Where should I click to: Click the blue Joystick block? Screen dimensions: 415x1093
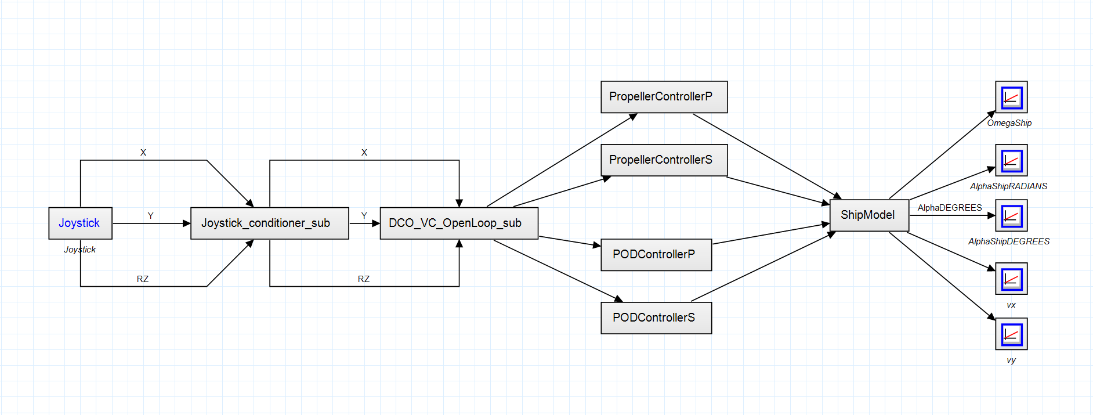click(x=80, y=223)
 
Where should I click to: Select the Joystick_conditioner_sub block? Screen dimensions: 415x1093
click(x=269, y=223)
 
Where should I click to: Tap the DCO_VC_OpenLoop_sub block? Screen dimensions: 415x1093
click(x=458, y=223)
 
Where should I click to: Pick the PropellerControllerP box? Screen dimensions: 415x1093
click(x=664, y=97)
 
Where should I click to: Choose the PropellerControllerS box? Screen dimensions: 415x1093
click(x=664, y=160)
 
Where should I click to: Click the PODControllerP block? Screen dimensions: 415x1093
click(x=656, y=255)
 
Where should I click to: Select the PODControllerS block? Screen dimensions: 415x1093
click(x=656, y=318)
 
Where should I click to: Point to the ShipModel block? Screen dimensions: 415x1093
click(x=869, y=215)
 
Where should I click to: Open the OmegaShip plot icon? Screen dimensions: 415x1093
click(x=1011, y=97)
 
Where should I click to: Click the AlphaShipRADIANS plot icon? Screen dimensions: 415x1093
click(x=1011, y=160)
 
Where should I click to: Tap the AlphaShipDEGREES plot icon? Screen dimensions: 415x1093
click(x=1011, y=215)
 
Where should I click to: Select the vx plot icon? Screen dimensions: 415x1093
click(x=1011, y=279)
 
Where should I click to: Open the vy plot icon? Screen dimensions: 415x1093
click(x=1011, y=334)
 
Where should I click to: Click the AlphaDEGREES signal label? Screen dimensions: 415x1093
click(x=950, y=208)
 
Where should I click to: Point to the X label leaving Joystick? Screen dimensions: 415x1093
click(x=143, y=153)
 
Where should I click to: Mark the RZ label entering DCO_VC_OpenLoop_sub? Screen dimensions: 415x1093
click(x=364, y=279)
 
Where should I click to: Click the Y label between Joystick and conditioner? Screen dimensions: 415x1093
click(x=151, y=216)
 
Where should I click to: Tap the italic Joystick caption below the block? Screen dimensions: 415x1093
click(x=80, y=250)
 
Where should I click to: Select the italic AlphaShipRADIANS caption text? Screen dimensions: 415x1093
click(x=1008, y=186)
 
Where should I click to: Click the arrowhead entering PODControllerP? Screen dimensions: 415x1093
click(x=597, y=246)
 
